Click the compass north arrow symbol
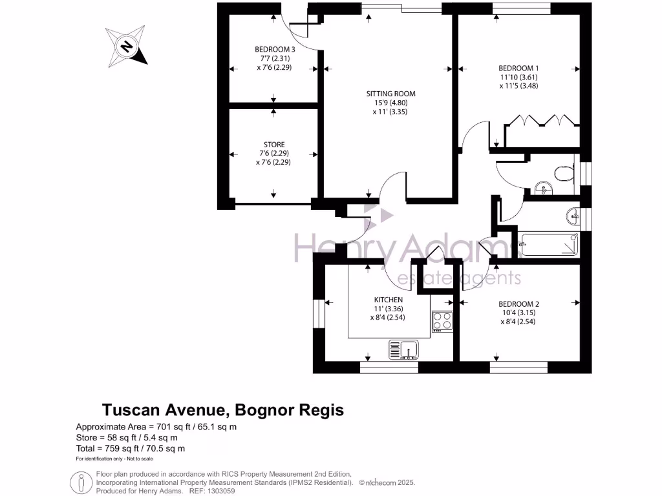pyautogui.click(x=127, y=46)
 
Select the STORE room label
pyautogui.click(x=274, y=145)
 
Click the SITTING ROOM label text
pyautogui.click(x=387, y=93)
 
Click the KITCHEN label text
pyautogui.click(x=389, y=300)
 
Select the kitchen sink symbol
pyautogui.click(x=405, y=350)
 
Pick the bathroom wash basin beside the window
pyautogui.click(x=572, y=214)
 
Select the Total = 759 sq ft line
pyautogui.click(x=131, y=448)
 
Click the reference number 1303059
pyautogui.click(x=219, y=491)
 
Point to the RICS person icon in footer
pyautogui.click(x=81, y=482)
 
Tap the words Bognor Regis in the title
pyautogui.click(x=289, y=410)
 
